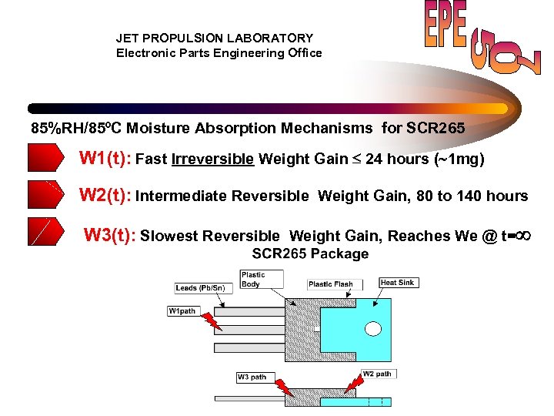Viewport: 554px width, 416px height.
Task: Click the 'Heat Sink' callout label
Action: click(x=398, y=283)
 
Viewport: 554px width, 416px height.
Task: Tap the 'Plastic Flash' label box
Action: click(x=330, y=284)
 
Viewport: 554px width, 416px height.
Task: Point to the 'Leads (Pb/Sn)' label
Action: click(x=200, y=288)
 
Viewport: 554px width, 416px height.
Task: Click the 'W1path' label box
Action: click(x=182, y=311)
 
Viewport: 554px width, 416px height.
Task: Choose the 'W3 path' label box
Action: click(x=252, y=377)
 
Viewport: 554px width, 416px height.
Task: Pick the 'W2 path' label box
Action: click(x=377, y=374)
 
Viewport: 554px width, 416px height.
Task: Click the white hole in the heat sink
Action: click(x=373, y=329)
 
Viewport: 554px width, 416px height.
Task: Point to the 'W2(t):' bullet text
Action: click(x=105, y=196)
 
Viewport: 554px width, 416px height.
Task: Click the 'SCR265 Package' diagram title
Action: click(x=310, y=254)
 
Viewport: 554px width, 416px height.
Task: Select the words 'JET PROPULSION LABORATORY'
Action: click(x=215, y=38)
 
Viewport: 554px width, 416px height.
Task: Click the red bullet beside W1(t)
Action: click(x=46, y=158)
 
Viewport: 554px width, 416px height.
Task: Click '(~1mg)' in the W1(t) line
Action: click(x=459, y=159)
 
